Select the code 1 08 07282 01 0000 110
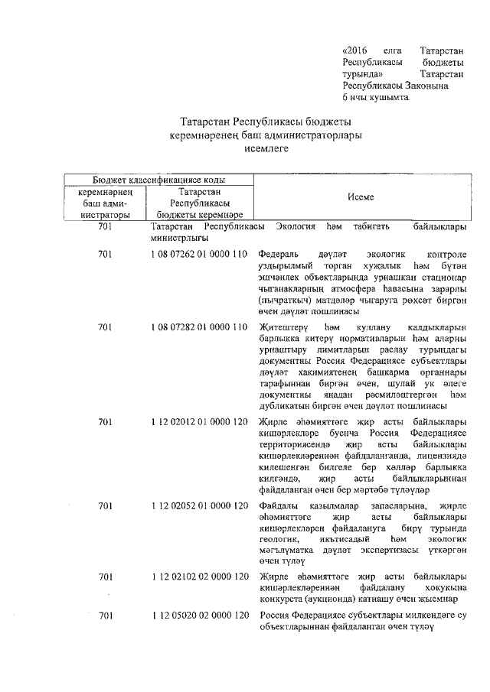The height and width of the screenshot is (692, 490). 199,327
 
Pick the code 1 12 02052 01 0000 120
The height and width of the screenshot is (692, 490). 199,506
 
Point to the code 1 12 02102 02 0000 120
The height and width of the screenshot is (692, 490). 199,576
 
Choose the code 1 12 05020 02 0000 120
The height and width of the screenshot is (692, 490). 199,616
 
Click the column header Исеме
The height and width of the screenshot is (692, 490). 360,197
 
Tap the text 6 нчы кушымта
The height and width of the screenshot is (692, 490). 376,99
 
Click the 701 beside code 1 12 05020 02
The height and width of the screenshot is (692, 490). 106,616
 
